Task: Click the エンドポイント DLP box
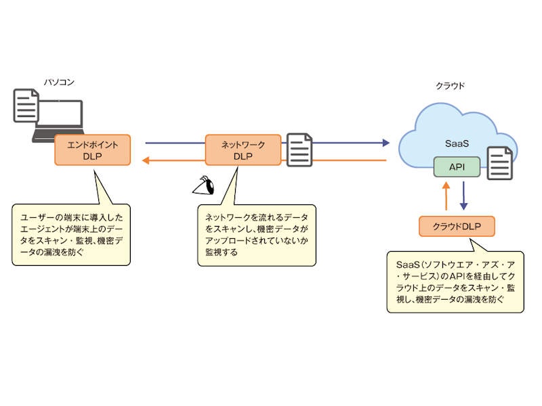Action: (x=92, y=150)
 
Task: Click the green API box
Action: (x=457, y=166)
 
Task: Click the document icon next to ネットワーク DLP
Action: (x=299, y=150)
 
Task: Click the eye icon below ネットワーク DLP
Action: (x=203, y=185)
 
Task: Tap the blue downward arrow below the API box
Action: (x=464, y=196)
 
